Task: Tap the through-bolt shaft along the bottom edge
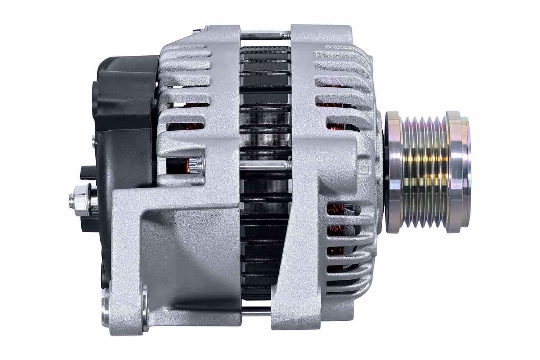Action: pyautogui.click(x=256, y=311)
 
